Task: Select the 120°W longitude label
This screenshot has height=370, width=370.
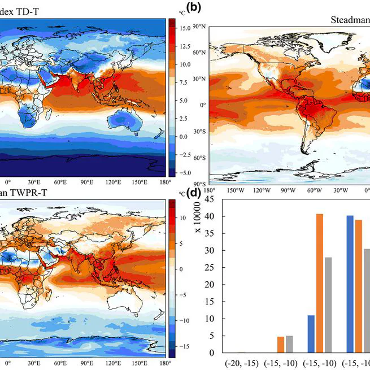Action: point(262,190)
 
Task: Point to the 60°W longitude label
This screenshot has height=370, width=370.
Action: point(314,190)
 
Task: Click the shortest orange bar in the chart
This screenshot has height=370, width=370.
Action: point(280,345)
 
